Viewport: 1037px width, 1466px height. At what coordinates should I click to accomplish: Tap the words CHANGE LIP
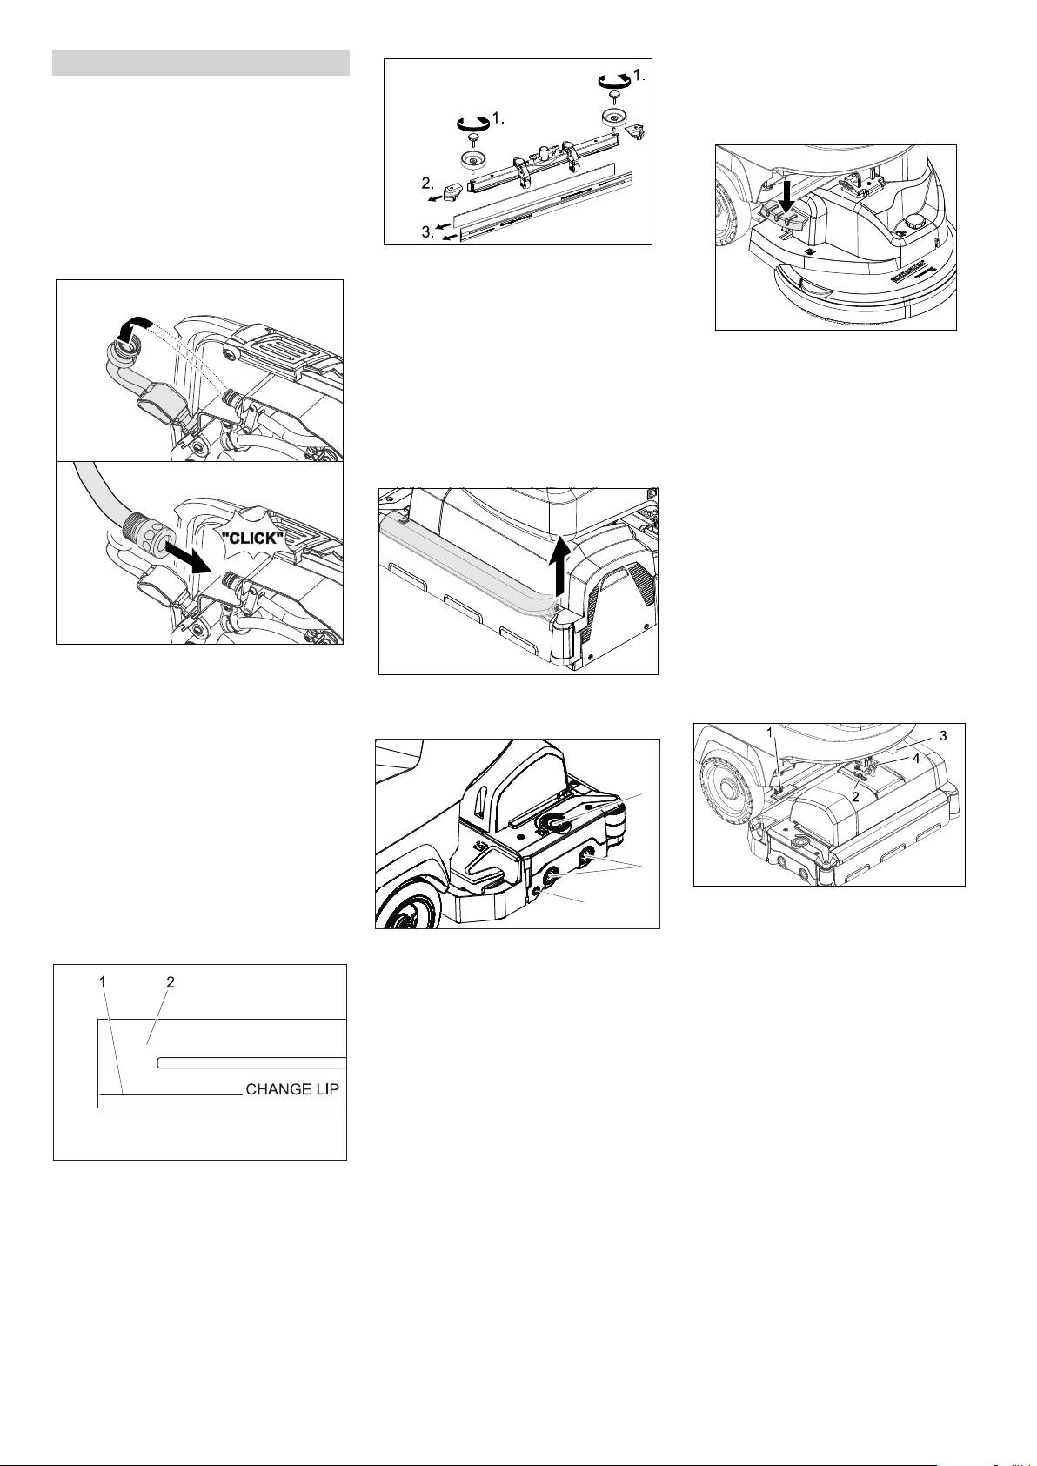click(x=292, y=1089)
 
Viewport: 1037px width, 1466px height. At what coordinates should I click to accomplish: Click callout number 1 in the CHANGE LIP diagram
click(x=103, y=982)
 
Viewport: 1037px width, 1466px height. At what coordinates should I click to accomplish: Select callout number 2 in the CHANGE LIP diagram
click(x=171, y=982)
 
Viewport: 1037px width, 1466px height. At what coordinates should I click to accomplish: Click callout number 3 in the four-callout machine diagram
click(x=943, y=736)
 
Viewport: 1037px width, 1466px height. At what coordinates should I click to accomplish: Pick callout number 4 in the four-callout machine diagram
click(x=916, y=759)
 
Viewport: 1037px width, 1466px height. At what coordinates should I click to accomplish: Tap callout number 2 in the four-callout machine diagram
click(x=855, y=797)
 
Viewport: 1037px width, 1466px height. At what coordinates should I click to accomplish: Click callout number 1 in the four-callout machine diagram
click(x=770, y=730)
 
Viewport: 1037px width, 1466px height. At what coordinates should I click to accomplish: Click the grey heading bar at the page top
click(x=201, y=62)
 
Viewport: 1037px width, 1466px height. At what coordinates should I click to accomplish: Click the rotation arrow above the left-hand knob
click(x=473, y=123)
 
